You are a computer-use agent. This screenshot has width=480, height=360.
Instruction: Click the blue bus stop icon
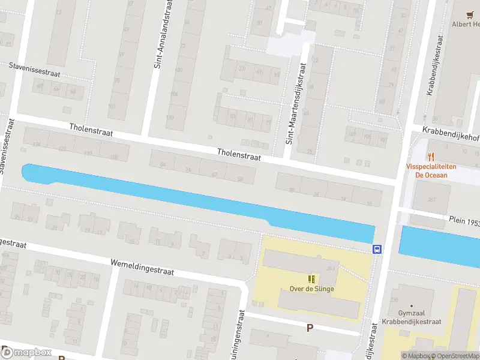coord(377,250)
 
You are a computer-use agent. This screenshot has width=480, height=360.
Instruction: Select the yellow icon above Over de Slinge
coord(310,278)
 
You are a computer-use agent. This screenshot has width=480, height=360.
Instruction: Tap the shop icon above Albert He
coord(470,13)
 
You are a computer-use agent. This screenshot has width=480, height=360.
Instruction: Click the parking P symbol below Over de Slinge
coord(310,328)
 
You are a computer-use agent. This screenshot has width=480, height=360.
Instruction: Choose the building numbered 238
coord(394,299)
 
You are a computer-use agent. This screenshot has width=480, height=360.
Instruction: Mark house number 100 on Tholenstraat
coord(114,157)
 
